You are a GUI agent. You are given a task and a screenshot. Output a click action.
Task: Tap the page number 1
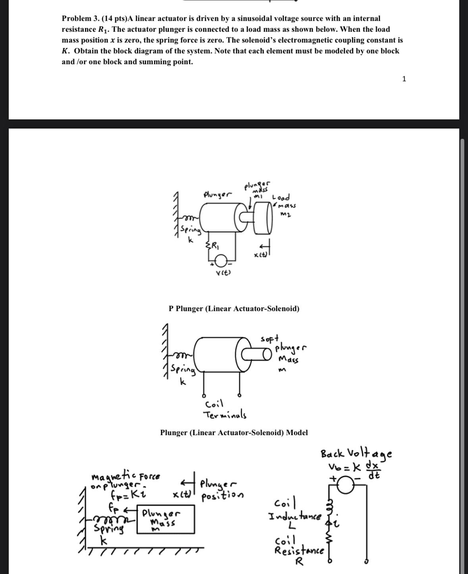click(404, 79)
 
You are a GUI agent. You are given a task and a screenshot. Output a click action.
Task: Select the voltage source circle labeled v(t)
click(221, 261)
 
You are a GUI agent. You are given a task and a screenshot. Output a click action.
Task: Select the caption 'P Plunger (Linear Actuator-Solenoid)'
click(234, 309)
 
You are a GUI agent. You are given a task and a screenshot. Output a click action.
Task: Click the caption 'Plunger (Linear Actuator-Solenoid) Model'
click(234, 432)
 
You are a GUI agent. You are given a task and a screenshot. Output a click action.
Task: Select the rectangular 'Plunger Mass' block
click(166, 519)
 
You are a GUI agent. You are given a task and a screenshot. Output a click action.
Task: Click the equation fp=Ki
click(124, 494)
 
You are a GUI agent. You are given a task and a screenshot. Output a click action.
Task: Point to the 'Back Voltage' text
click(356, 453)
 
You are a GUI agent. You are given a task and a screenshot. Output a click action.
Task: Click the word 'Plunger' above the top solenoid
click(217, 194)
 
